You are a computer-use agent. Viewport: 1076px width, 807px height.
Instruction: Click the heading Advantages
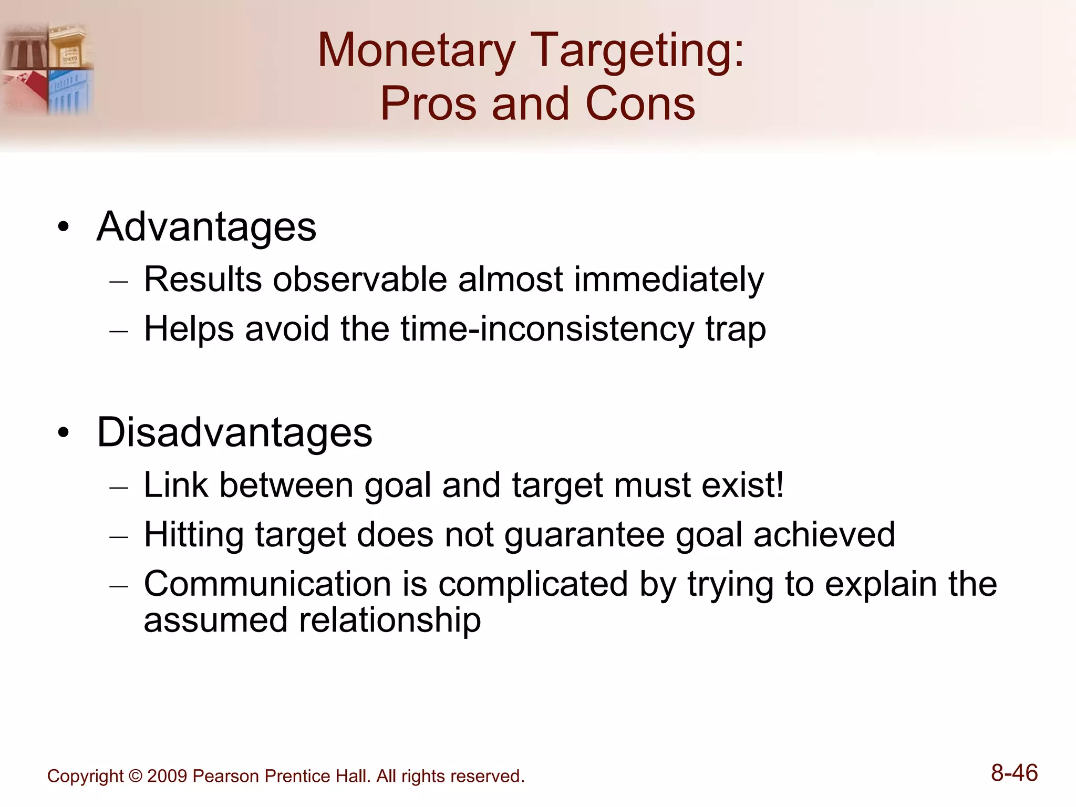tap(206, 227)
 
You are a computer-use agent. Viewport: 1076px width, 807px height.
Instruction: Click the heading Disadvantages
tap(234, 432)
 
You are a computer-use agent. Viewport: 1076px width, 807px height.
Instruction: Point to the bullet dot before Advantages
tap(64, 227)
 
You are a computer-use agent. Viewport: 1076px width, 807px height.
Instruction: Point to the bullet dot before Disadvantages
tap(64, 433)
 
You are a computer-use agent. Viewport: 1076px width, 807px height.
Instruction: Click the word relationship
tap(389, 620)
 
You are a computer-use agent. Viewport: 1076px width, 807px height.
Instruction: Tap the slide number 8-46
tap(1014, 773)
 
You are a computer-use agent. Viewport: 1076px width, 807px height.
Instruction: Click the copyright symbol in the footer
tap(135, 776)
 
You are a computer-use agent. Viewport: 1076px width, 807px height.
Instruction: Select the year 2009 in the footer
tap(167, 776)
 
